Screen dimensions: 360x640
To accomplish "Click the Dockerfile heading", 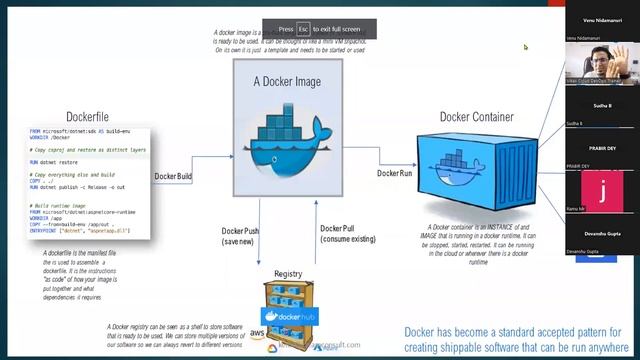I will [x=86, y=115].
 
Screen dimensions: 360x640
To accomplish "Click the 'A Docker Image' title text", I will [x=284, y=83].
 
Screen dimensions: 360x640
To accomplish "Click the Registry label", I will [x=288, y=273].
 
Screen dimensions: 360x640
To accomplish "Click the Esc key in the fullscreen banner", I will [x=304, y=29].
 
